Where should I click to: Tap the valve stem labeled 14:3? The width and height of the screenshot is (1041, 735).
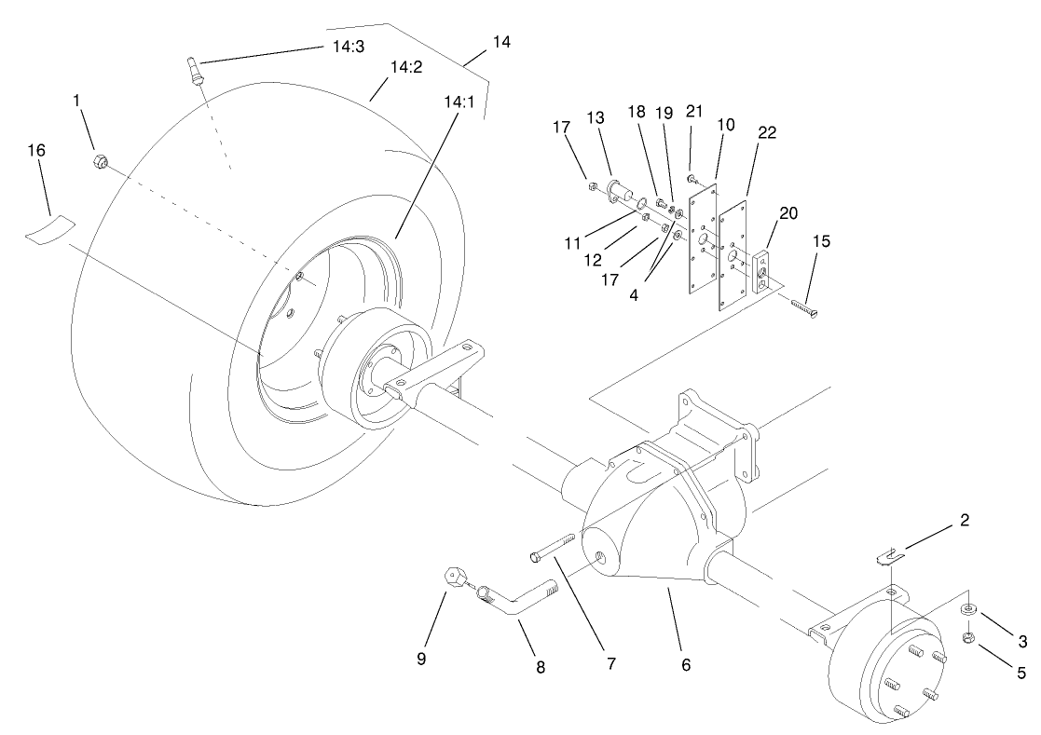[x=193, y=73]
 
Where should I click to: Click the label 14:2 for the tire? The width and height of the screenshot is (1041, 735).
[x=406, y=67]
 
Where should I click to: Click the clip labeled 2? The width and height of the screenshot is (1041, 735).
[x=893, y=555]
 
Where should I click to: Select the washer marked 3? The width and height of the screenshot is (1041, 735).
[x=967, y=610]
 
